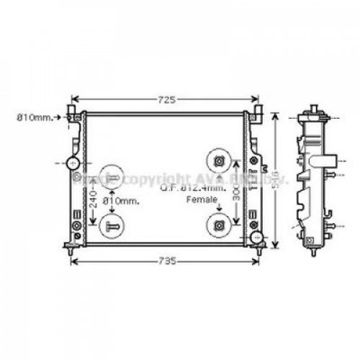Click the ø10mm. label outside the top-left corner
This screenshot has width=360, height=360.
click(36, 115)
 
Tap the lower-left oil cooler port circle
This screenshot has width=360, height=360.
click(112, 225)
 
